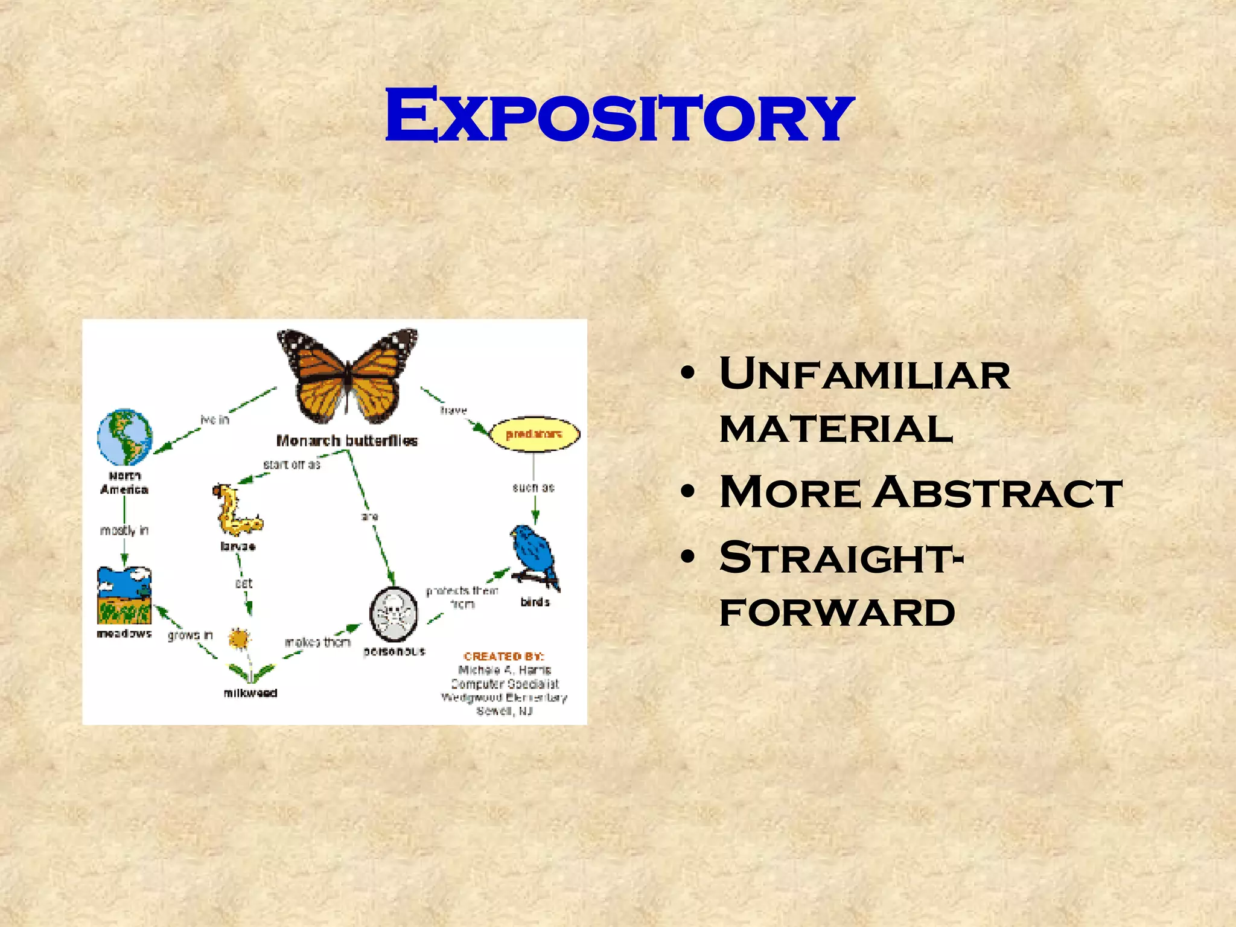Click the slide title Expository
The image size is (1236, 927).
point(619,116)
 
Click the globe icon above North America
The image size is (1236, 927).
point(125,437)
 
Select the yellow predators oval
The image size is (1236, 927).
point(534,434)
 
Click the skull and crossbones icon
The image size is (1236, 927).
point(393,614)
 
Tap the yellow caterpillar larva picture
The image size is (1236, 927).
point(236,512)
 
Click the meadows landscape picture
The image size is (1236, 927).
point(124,596)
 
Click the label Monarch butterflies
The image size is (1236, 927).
point(347,441)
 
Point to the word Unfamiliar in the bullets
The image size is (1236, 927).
point(864,374)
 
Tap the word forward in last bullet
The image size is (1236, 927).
point(837,613)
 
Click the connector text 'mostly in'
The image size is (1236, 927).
point(124,530)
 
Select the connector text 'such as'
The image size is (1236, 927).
point(534,488)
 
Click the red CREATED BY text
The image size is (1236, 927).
point(504,656)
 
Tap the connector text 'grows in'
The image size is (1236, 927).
point(190,635)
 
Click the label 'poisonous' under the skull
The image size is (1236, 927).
point(395,651)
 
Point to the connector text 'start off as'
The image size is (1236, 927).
point(291,465)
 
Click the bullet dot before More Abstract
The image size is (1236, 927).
point(687,492)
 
